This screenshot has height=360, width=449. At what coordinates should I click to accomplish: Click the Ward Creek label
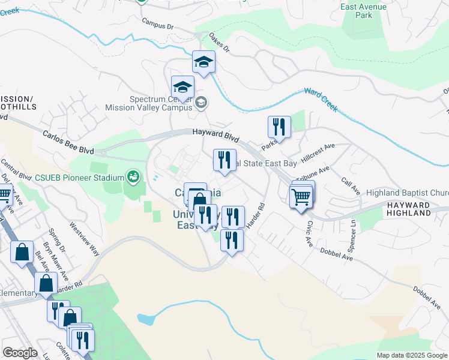click(321, 100)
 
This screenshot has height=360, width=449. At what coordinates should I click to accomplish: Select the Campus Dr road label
click(157, 23)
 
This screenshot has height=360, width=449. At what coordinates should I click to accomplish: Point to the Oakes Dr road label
click(219, 43)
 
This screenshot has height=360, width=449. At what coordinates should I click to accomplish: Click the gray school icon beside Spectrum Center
click(200, 103)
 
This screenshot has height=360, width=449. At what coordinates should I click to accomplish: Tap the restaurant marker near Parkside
click(279, 127)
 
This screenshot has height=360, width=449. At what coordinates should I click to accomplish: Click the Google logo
click(20, 352)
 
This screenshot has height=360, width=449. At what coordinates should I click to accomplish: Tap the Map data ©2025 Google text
click(412, 355)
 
